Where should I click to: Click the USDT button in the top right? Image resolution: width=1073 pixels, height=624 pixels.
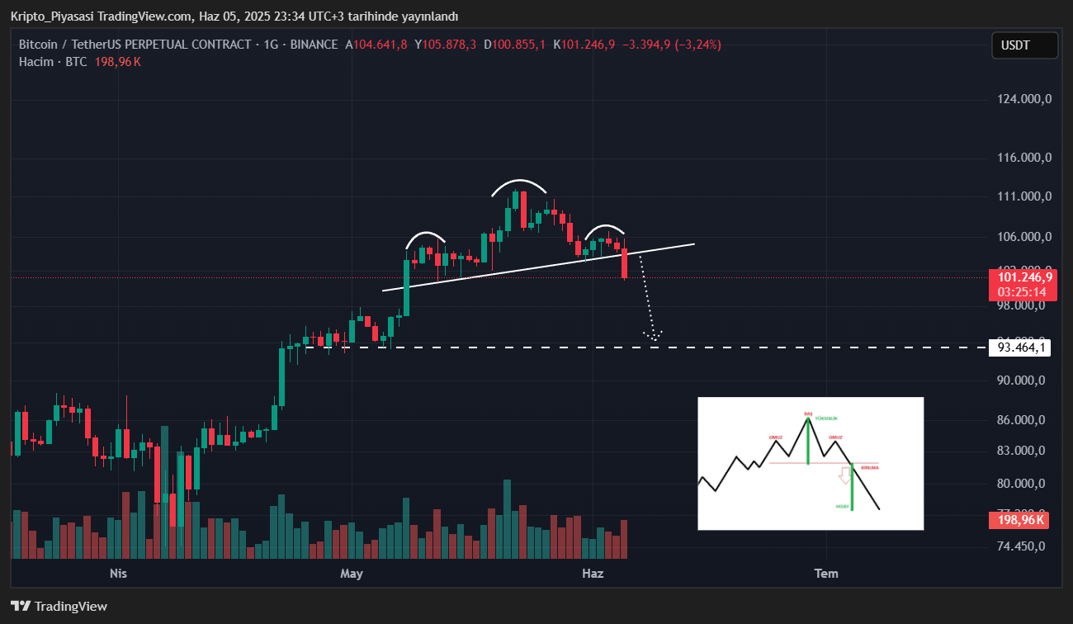tap(1024, 45)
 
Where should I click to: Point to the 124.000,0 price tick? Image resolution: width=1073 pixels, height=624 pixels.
tap(1024, 100)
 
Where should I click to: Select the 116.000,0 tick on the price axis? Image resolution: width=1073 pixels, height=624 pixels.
tap(1024, 158)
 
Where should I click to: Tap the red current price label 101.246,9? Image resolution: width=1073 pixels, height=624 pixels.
tap(1023, 277)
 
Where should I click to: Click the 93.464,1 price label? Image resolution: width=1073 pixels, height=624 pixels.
tap(1022, 347)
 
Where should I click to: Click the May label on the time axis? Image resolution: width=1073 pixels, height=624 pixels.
tap(352, 573)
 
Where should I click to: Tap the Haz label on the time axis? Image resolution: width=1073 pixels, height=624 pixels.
tap(593, 573)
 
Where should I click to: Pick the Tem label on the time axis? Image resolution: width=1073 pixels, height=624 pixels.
tap(826, 573)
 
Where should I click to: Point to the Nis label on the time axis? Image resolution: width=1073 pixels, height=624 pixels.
tap(119, 573)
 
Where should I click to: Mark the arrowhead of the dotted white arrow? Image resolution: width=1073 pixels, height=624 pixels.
tap(654, 337)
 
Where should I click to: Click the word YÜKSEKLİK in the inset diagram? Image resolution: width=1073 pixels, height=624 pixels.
tap(826, 418)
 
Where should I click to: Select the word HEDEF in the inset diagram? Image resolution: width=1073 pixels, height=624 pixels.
tap(842, 506)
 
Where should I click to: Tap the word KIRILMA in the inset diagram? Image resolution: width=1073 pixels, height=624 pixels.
tap(870, 467)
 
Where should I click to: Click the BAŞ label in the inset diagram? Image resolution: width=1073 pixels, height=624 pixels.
tap(808, 413)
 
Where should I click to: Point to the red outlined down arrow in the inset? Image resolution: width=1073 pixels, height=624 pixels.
tap(844, 475)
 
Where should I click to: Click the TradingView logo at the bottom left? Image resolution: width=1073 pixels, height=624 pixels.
tap(59, 607)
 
